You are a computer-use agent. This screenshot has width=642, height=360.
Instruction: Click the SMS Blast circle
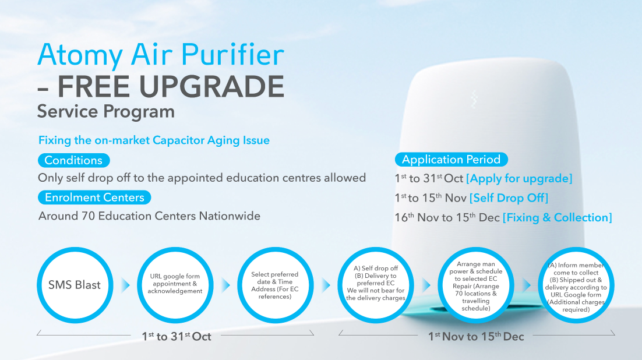pyautogui.click(x=75, y=285)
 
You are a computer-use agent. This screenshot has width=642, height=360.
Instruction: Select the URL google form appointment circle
pyautogui.click(x=175, y=285)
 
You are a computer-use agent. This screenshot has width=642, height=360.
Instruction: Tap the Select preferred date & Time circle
pyautogui.click(x=275, y=285)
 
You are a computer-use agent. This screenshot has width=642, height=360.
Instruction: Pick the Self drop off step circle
pyautogui.click(x=375, y=285)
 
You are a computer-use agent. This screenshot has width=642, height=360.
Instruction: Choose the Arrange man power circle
pyautogui.click(x=476, y=285)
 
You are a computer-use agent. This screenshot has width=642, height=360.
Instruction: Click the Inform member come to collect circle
pyautogui.click(x=576, y=285)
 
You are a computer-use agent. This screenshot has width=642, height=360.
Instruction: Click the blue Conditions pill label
pyautogui.click(x=74, y=160)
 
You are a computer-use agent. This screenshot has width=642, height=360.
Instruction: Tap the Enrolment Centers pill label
pyautogui.click(x=94, y=197)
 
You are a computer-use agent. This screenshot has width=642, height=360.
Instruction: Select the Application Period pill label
pyautogui.click(x=451, y=159)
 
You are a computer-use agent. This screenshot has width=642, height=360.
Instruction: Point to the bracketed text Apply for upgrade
pyautogui.click(x=519, y=179)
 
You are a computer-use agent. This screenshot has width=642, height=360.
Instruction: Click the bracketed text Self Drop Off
pyautogui.click(x=509, y=198)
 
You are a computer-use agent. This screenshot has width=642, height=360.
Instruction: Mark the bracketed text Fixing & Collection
pyautogui.click(x=558, y=217)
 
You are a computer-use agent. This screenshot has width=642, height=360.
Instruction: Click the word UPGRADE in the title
pyautogui.click(x=211, y=86)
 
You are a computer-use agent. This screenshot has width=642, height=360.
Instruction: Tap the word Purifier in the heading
pyautogui.click(x=232, y=55)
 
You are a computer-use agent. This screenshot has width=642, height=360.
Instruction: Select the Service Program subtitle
pyautogui.click(x=106, y=111)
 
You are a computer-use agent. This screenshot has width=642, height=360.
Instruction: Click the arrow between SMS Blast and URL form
pyautogui.click(x=125, y=285)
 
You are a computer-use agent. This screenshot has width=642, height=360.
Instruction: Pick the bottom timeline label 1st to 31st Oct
pyautogui.click(x=177, y=337)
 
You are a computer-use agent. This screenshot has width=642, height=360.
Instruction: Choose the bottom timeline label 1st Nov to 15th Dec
pyautogui.click(x=476, y=337)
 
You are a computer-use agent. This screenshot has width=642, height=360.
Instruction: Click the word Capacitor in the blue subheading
pyautogui.click(x=178, y=140)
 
